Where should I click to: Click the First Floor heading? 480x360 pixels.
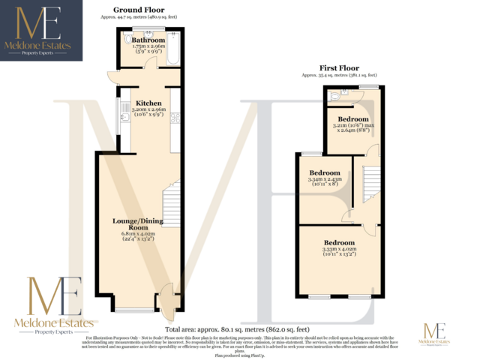pyautogui.click(x=340, y=67)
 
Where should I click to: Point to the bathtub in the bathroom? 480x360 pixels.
pyautogui.click(x=172, y=48)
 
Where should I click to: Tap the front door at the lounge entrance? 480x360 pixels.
pyautogui.click(x=166, y=298)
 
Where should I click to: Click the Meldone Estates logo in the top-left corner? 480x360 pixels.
pyautogui.click(x=36, y=31)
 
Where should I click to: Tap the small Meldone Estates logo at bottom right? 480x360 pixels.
pyautogui.click(x=435, y=334)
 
